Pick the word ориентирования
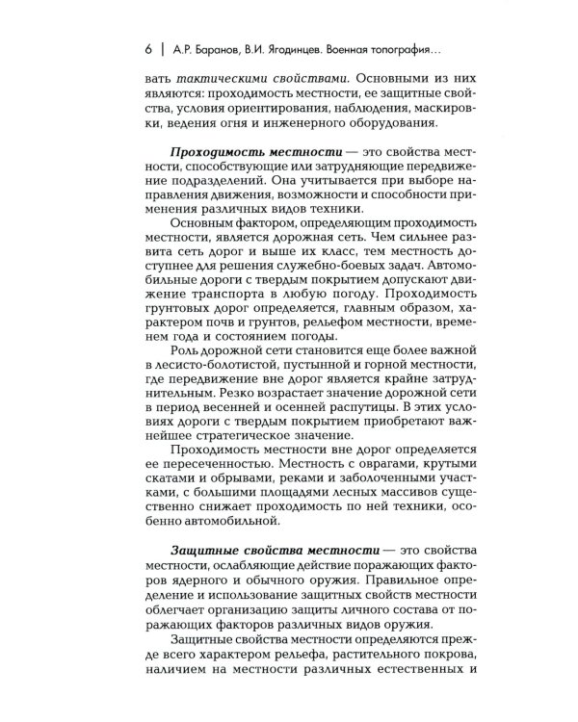tap(276, 119)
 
